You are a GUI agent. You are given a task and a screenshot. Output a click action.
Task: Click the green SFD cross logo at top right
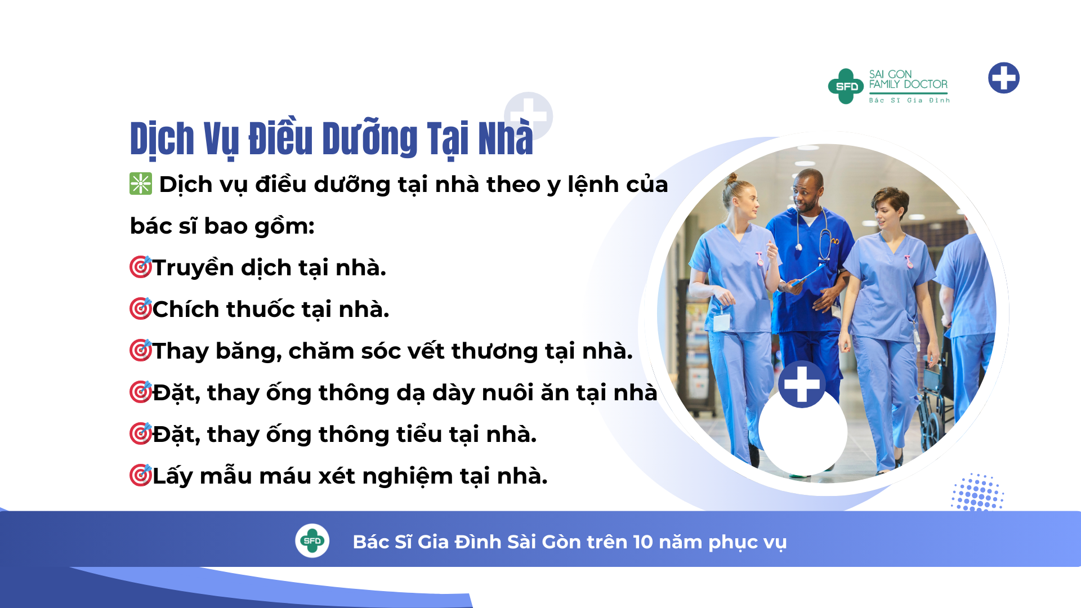point(846,86)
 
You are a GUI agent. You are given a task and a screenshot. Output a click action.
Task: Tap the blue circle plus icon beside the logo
point(1004,78)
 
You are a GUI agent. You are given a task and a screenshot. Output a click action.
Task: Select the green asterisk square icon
point(141,184)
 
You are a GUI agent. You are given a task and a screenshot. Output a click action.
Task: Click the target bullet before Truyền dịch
point(141,267)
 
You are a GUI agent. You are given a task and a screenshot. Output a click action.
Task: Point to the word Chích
point(185,309)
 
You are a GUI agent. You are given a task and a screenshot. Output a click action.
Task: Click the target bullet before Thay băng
point(141,350)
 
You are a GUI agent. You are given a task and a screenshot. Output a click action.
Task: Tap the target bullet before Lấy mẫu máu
point(141,475)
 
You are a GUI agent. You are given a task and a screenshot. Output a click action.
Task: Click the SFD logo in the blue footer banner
point(312,541)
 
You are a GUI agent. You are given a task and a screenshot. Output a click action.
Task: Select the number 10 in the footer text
point(642,542)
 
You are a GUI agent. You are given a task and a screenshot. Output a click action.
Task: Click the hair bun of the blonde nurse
point(732,180)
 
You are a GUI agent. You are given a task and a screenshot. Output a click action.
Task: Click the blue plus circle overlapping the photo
point(802,385)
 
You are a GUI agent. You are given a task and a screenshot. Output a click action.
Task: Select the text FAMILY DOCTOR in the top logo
point(908,84)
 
